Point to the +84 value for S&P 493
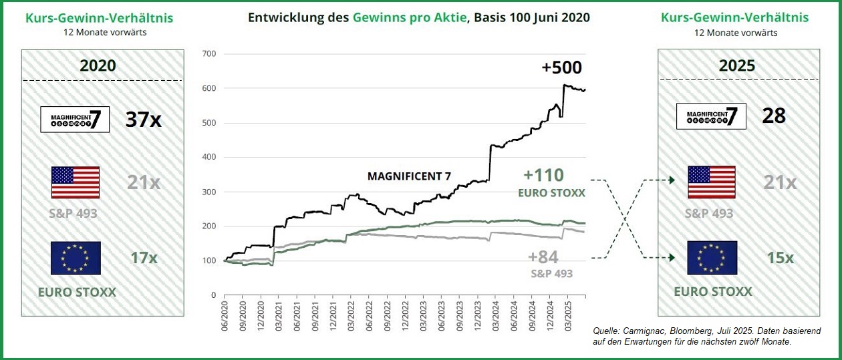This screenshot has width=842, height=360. click(543, 257)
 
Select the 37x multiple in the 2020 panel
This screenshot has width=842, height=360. click(143, 120)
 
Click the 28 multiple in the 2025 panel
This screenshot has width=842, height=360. click(774, 116)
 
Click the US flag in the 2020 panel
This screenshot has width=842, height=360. click(76, 182)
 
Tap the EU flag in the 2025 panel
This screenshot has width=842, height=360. click(712, 258)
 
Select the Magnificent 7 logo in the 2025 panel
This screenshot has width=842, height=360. click(711, 116)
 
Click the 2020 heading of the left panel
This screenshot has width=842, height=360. click(98, 65)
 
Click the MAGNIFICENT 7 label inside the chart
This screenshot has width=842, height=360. click(409, 176)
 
